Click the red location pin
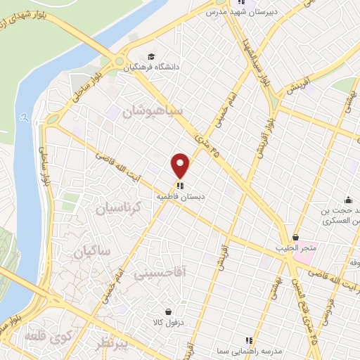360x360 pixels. (181, 166)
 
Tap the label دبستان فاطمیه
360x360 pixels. (181, 198)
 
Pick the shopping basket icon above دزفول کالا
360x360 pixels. (168, 311)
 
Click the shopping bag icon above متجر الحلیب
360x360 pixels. (296, 238)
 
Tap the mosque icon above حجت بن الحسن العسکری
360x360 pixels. (347, 199)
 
